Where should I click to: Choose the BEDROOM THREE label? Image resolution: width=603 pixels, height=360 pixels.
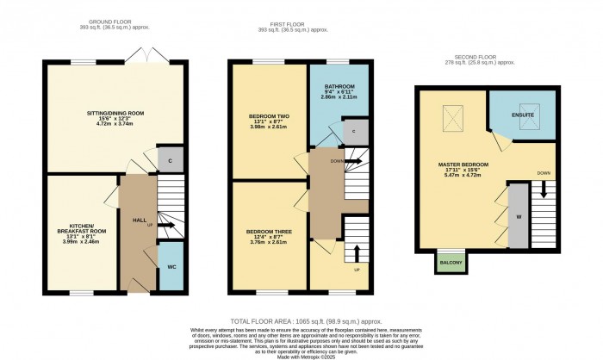[264, 232]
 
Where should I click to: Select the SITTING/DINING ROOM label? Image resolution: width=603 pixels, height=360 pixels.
[114, 112]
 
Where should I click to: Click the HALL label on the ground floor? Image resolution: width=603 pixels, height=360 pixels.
[138, 220]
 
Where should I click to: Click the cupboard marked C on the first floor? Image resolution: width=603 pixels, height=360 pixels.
[354, 130]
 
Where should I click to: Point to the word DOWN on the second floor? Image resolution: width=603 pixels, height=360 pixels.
[544, 172]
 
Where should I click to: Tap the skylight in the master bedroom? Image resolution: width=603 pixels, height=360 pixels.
[451, 115]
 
